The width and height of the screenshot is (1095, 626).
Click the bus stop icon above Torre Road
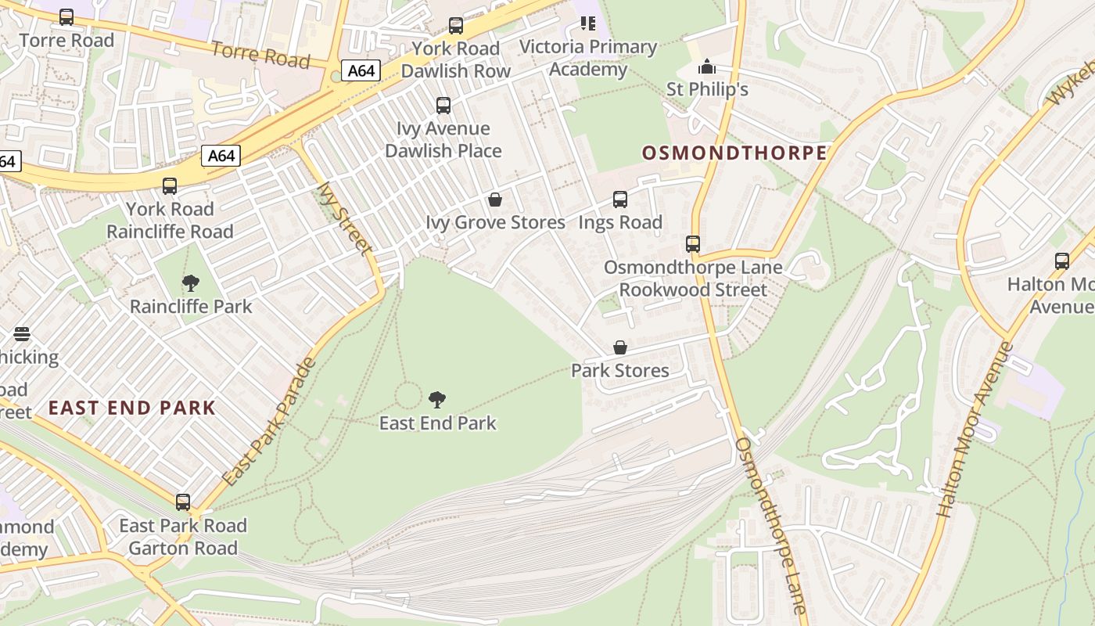[x=66, y=16]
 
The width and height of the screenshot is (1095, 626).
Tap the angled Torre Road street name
[x=260, y=54]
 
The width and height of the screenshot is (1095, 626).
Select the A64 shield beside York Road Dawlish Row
[x=361, y=71]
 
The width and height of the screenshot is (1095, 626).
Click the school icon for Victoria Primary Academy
[x=587, y=23]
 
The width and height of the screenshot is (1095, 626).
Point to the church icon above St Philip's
[x=707, y=67]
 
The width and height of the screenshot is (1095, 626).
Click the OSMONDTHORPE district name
[x=734, y=153]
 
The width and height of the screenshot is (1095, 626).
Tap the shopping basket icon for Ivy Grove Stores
[x=494, y=200]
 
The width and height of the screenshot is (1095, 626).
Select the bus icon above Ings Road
[x=620, y=200]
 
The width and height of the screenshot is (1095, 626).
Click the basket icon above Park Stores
[x=620, y=347]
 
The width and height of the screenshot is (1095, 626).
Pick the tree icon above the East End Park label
[x=437, y=400]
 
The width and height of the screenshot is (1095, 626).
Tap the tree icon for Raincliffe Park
[x=190, y=283]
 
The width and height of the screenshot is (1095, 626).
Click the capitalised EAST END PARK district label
[x=131, y=408]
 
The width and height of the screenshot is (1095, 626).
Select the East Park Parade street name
[x=269, y=421]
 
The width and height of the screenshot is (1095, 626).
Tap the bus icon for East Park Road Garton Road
[x=183, y=502]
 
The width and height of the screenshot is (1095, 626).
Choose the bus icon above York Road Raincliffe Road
[x=170, y=186]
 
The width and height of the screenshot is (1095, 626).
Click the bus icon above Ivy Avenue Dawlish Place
[x=443, y=105]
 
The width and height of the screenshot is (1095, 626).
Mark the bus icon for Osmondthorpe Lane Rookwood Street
[x=693, y=244]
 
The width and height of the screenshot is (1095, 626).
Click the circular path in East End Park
[x=407, y=395]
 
